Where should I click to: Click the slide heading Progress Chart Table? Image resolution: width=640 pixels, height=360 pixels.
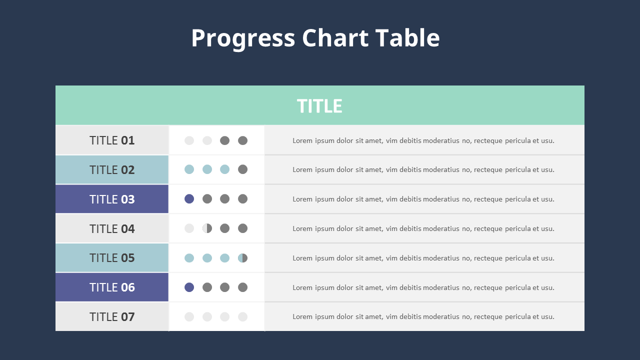pyautogui.click(x=315, y=38)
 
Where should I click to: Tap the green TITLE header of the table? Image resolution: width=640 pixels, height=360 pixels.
pyautogui.click(x=319, y=106)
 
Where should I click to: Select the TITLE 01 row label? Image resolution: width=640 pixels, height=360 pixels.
pyautogui.click(x=112, y=140)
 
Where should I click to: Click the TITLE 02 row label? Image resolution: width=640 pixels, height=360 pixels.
pyautogui.click(x=112, y=170)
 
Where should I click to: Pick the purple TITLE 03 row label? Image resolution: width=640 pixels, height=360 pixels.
pyautogui.click(x=112, y=199)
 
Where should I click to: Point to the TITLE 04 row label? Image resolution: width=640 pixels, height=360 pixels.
pyautogui.click(x=112, y=228)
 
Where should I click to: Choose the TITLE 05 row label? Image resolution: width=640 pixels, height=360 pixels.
pyautogui.click(x=112, y=258)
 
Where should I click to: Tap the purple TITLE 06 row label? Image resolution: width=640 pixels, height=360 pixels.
pyautogui.click(x=112, y=287)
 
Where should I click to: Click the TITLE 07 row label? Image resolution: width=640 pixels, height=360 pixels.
pyautogui.click(x=112, y=316)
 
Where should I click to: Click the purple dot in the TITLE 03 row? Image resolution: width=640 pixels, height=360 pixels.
pyautogui.click(x=189, y=199)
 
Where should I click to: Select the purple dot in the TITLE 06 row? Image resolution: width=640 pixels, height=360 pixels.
pyautogui.click(x=189, y=287)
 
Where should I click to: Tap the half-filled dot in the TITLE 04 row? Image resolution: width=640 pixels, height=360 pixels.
pyautogui.click(x=207, y=228)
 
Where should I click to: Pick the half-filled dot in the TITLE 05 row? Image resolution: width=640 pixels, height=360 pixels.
pyautogui.click(x=242, y=258)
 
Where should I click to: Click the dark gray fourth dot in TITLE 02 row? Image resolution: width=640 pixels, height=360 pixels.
pyautogui.click(x=242, y=169)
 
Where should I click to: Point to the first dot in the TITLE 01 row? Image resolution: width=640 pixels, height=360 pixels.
pyautogui.click(x=189, y=140)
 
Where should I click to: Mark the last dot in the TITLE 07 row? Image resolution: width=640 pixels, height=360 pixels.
pyautogui.click(x=242, y=316)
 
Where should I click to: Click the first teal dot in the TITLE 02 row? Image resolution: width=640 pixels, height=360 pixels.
pyautogui.click(x=189, y=169)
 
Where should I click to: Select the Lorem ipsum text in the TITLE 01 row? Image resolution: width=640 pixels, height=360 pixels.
pyautogui.click(x=423, y=140)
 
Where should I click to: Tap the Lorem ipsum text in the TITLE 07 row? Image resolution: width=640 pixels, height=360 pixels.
pyautogui.click(x=423, y=316)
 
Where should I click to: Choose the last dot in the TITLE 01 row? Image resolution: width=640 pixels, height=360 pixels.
pyautogui.click(x=242, y=140)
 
